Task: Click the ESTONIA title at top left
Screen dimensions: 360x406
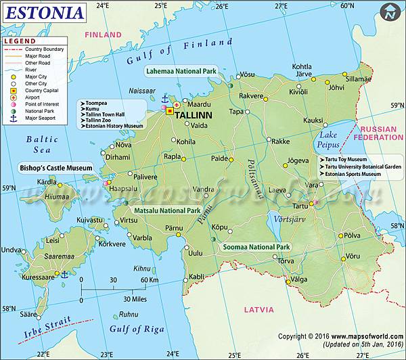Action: (x=46, y=13)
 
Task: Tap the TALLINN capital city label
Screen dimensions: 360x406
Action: (x=194, y=116)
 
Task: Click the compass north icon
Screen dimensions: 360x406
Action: (x=390, y=12)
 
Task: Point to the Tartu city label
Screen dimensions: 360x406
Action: (x=300, y=205)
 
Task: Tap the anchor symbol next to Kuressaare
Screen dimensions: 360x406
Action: (x=64, y=274)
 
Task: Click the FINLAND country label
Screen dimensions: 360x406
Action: (x=103, y=35)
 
